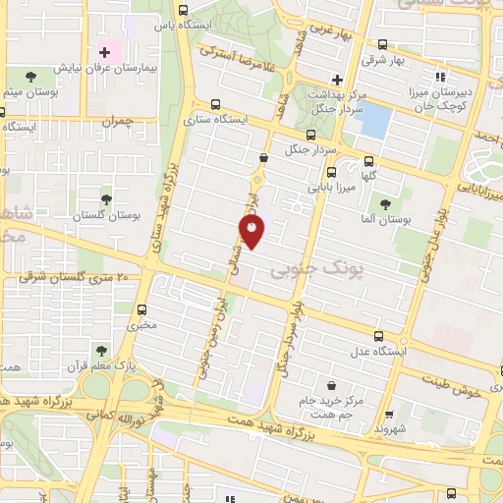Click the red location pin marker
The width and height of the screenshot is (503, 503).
(252, 232)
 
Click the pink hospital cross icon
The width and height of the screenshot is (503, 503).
(103, 50)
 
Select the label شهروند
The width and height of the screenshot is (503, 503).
(391, 429)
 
